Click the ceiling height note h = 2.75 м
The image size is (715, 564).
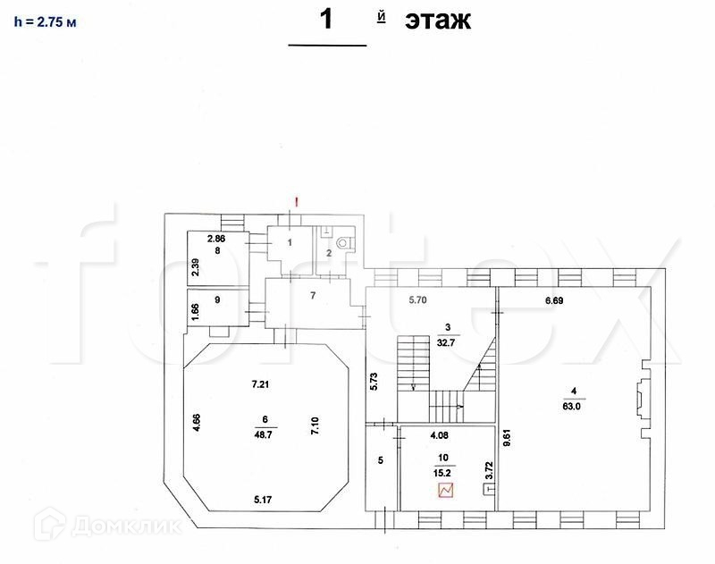[45, 22]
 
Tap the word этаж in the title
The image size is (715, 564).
[437, 21]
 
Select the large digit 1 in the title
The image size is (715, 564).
[326, 20]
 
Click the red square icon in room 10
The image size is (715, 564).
[446, 490]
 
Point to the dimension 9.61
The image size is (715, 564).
[507, 438]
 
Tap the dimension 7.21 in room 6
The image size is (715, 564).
[260, 384]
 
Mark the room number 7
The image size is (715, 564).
[313, 295]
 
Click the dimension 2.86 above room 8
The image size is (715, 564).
[217, 240]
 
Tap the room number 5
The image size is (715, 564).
[380, 461]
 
